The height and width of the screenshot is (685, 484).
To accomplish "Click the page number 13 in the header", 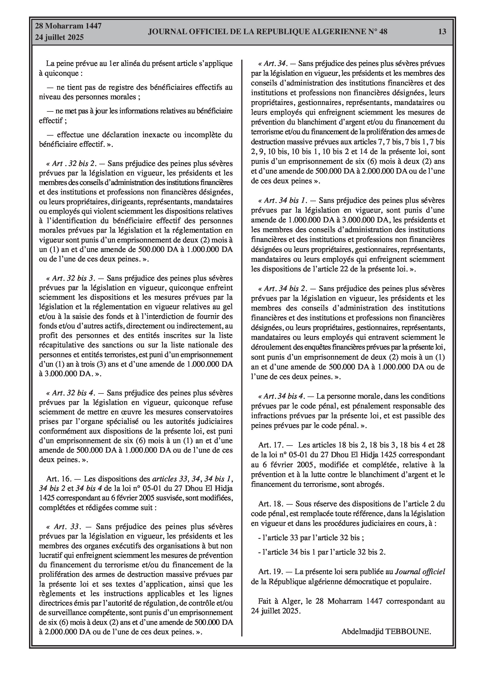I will (x=442, y=32).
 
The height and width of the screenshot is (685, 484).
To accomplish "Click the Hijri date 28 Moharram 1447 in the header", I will (x=68, y=26).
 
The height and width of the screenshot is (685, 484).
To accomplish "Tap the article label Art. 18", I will (x=271, y=504).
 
